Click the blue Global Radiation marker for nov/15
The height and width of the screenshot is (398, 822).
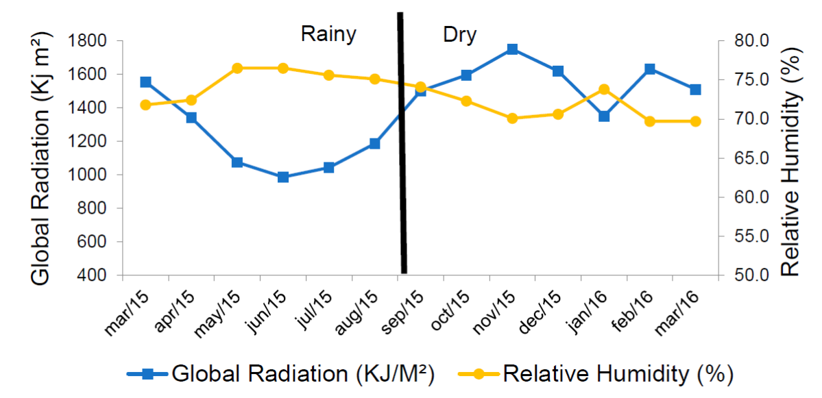coord(512,49)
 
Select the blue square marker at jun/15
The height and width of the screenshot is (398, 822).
coord(282,177)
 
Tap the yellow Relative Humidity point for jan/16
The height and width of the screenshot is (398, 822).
coord(604,89)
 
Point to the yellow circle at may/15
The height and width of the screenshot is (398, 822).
coord(237,68)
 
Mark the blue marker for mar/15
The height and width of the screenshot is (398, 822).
coord(145,82)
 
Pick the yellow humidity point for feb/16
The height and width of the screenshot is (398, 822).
coord(650,121)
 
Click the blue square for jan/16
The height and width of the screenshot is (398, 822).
coord(604,116)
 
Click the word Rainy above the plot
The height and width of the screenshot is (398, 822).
coord(328,34)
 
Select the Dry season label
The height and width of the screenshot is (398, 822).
coord(459,34)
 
